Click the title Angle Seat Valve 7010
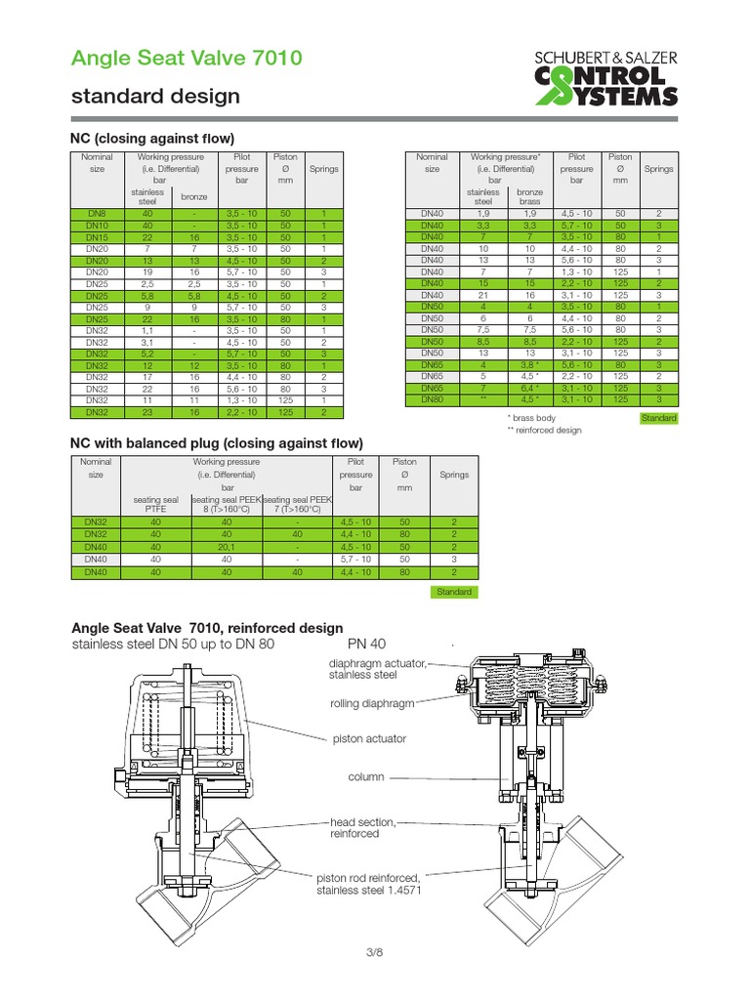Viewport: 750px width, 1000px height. click(186, 59)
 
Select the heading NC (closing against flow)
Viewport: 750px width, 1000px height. click(153, 138)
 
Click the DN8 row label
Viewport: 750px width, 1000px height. click(97, 213)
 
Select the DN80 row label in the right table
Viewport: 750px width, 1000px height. click(432, 398)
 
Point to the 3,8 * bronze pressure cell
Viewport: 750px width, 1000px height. click(529, 363)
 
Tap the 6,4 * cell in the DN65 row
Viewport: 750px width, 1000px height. click(529, 388)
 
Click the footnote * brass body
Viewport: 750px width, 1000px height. click(531, 418)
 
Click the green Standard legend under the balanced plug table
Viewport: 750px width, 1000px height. click(454, 592)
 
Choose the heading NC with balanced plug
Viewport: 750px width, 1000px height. click(217, 442)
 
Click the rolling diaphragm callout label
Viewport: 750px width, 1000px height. click(372, 702)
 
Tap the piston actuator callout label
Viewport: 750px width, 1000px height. click(369, 739)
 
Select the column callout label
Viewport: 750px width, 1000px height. click(366, 777)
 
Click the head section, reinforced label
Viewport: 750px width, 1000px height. click(362, 828)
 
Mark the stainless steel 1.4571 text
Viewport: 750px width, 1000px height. click(368, 891)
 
